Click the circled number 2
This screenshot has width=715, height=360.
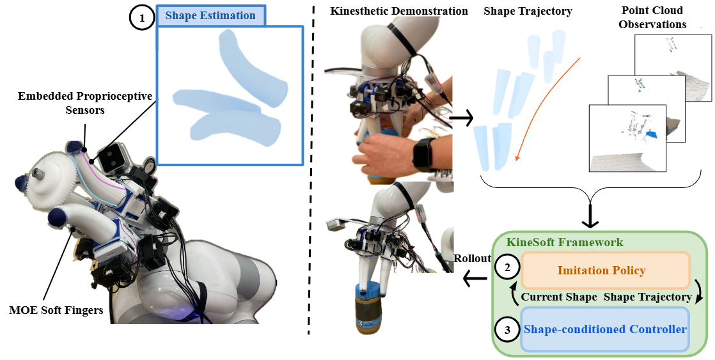[x=508, y=269]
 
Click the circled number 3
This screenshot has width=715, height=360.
[x=508, y=330]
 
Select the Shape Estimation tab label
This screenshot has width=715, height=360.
[x=210, y=16]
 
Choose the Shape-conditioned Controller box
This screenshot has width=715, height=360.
[x=605, y=330]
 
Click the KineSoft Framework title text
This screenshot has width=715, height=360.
[x=565, y=243]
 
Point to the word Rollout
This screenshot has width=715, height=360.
[x=473, y=258]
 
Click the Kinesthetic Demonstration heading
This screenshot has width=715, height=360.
[x=399, y=11]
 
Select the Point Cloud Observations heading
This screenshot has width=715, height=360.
[x=652, y=17]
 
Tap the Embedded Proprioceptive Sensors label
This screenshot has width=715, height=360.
[x=85, y=103]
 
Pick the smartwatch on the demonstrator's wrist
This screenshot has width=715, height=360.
[x=424, y=153]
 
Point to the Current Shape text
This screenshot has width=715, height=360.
[x=559, y=297]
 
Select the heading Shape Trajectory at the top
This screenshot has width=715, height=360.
[x=528, y=11]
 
